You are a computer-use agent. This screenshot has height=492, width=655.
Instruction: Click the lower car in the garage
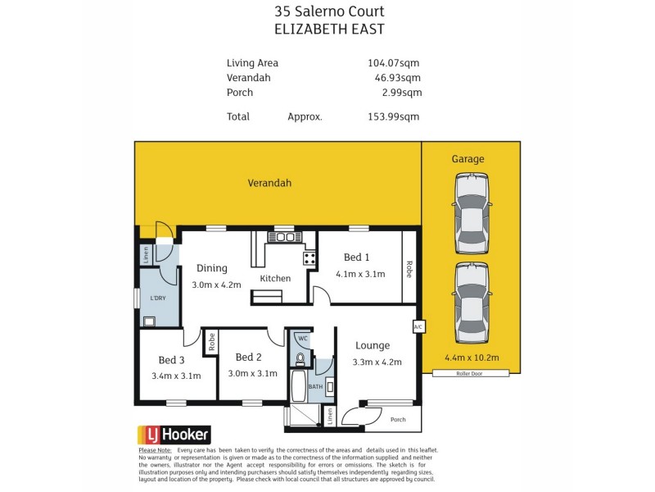pyautogui.click(x=471, y=303)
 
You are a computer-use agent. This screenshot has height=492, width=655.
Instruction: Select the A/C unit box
pyautogui.click(x=418, y=326)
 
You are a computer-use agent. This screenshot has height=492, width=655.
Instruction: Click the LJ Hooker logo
pyautogui.click(x=173, y=435)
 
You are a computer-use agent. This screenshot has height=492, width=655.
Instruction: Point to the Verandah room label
pyautogui.click(x=269, y=184)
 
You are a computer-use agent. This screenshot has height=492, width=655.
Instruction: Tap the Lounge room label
pyautogui.click(x=372, y=345)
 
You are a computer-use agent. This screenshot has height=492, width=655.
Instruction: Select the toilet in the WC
pyautogui.click(x=300, y=358)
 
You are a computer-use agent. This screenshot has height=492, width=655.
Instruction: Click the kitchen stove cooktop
pyautogui.click(x=310, y=257)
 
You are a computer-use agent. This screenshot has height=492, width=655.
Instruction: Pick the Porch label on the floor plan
pyautogui.click(x=398, y=420)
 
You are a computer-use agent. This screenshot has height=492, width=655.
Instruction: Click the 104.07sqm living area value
pyautogui.click(x=394, y=63)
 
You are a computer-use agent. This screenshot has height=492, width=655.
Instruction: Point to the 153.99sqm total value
pyautogui.click(x=394, y=116)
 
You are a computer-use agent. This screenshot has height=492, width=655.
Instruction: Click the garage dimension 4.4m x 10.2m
pyautogui.click(x=471, y=357)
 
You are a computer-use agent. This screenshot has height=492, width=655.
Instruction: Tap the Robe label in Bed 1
pyautogui.click(x=407, y=269)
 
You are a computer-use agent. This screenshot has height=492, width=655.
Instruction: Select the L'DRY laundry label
pyautogui.click(x=157, y=298)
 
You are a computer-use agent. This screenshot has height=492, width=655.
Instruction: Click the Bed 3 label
pyautogui.click(x=171, y=360)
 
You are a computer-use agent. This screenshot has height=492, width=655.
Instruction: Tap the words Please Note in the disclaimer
pyautogui.click(x=155, y=450)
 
